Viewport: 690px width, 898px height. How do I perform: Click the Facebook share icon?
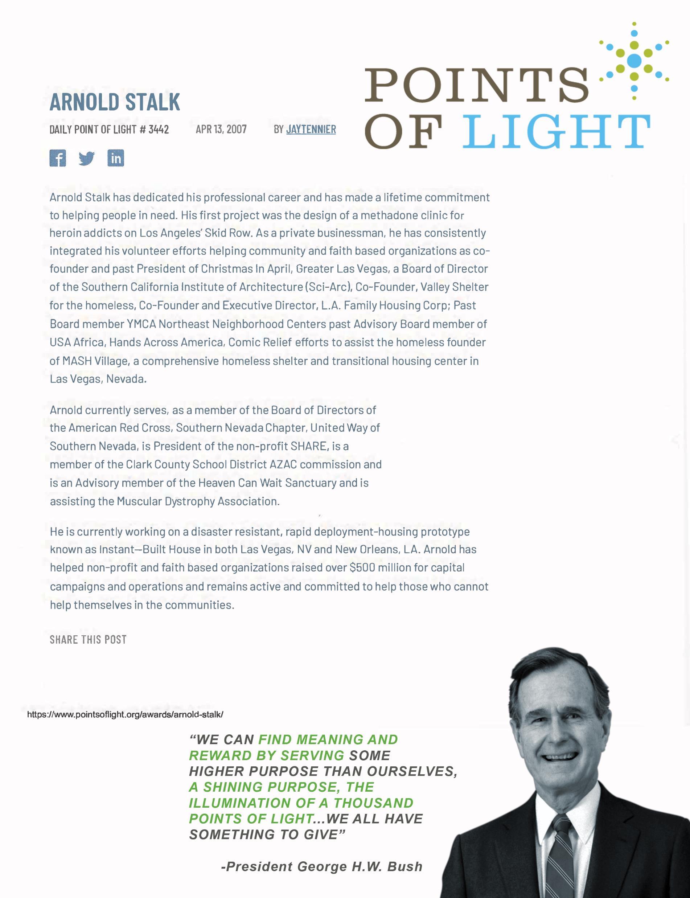(x=57, y=158)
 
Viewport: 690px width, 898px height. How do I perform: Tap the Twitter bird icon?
(x=87, y=158)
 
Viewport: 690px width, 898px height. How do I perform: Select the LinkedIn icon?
(x=115, y=158)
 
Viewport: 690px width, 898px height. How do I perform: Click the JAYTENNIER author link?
(x=311, y=130)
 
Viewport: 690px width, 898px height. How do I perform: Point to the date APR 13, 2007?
(x=221, y=130)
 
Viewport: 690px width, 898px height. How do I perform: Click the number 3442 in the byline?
(x=159, y=130)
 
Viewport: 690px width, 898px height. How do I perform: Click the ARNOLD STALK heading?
(x=115, y=102)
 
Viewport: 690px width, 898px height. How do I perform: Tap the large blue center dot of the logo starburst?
(x=634, y=60)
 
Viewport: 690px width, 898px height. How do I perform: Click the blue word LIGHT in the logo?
(x=556, y=131)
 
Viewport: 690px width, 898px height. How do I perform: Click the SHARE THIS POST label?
(x=88, y=640)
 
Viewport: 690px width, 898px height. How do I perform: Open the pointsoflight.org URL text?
(x=125, y=714)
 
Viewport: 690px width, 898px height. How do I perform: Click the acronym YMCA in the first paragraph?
(x=141, y=324)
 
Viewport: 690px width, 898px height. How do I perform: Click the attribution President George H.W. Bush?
(x=322, y=867)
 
